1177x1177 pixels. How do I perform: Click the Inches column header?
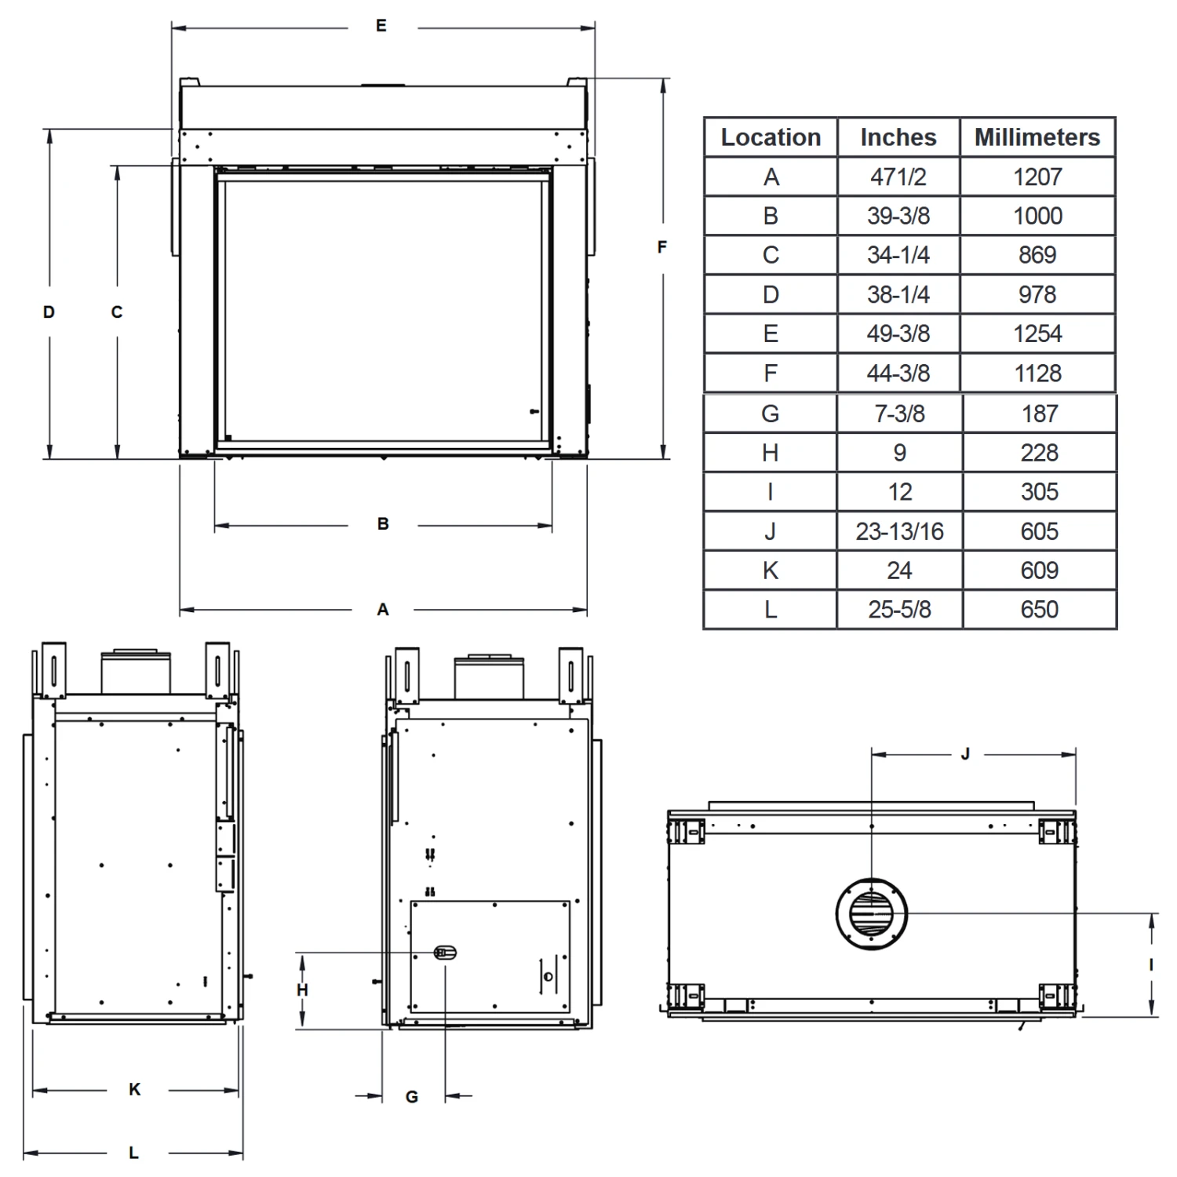pyautogui.click(x=898, y=137)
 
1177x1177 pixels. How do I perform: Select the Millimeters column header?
pyautogui.click(x=1037, y=137)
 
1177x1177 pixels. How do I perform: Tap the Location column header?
pyautogui.click(x=771, y=137)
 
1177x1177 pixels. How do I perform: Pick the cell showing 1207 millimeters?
pyautogui.click(x=1037, y=177)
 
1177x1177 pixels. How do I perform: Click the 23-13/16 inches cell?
pyautogui.click(x=899, y=531)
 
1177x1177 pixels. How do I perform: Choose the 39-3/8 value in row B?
pyautogui.click(x=898, y=216)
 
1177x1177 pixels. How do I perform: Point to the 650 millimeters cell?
pyautogui.click(x=1039, y=610)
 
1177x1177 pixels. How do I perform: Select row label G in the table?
pyautogui.click(x=770, y=414)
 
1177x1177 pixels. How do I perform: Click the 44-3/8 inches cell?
pyautogui.click(x=898, y=374)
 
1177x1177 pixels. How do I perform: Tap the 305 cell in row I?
pyautogui.click(x=1039, y=492)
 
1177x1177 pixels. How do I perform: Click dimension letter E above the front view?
pyautogui.click(x=381, y=26)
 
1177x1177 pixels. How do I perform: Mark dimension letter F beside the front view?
pyautogui.click(x=661, y=247)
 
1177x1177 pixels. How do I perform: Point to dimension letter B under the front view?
pyautogui.click(x=383, y=523)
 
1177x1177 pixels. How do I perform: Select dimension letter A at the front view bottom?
pyautogui.click(x=383, y=610)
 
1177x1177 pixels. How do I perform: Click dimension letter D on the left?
pyautogui.click(x=49, y=312)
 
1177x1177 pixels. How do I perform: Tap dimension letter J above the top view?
pyautogui.click(x=965, y=754)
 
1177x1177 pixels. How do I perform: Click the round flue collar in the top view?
pyautogui.click(x=872, y=913)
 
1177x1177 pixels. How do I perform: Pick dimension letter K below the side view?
pyautogui.click(x=135, y=1089)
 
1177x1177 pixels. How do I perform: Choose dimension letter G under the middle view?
pyautogui.click(x=412, y=1097)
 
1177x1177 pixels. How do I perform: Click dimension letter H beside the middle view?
pyautogui.click(x=302, y=990)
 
